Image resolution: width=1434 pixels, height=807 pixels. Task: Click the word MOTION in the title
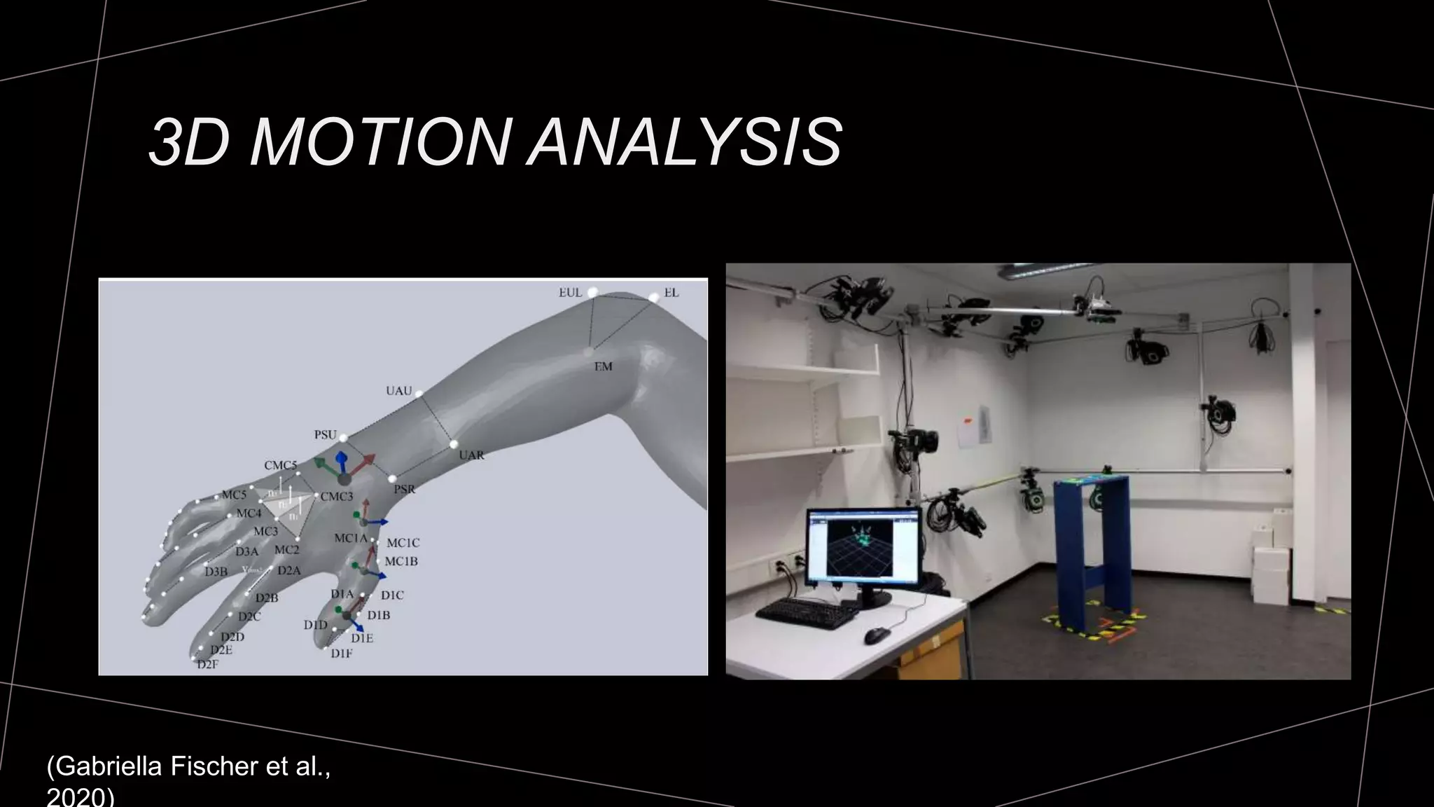click(379, 143)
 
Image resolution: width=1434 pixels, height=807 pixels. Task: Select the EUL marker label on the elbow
click(570, 293)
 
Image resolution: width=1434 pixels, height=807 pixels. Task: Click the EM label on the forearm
click(603, 366)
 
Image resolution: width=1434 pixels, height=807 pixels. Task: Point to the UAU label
click(398, 391)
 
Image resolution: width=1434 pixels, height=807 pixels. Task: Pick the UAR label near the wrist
click(471, 455)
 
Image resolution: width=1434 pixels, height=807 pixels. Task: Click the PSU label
click(325, 435)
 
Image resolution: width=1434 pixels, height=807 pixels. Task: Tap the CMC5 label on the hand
click(280, 465)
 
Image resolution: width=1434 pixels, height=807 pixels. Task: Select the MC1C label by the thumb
click(403, 543)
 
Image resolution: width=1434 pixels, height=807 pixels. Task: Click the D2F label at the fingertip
click(207, 664)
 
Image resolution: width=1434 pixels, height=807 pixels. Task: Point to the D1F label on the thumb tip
click(341, 654)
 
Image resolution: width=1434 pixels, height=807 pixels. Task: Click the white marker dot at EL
click(653, 298)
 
